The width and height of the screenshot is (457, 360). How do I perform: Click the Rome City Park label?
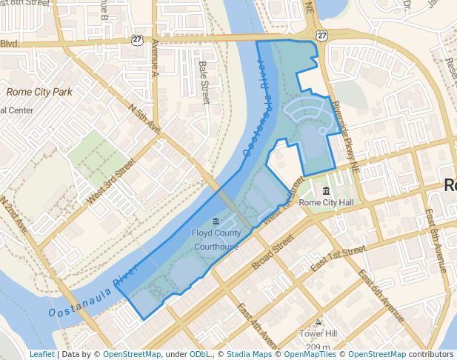pos(39,92)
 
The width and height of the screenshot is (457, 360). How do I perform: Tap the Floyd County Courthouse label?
pos(216,239)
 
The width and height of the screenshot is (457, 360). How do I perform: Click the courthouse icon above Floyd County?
pos(216,221)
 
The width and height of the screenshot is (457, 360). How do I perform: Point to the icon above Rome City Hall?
pos(326,191)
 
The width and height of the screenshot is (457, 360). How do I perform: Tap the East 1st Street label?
pos(338,259)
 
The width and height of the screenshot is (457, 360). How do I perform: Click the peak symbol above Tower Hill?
pos(318,322)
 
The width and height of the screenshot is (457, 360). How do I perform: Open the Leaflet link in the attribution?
pos(41,355)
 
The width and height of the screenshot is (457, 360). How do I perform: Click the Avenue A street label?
pos(156,61)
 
